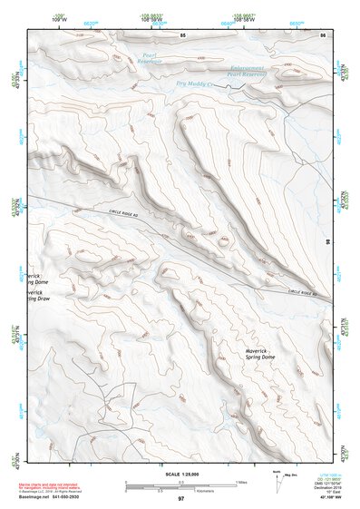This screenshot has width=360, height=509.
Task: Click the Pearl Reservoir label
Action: pos(151,59)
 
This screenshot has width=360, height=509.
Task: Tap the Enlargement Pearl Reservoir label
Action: pos(247,72)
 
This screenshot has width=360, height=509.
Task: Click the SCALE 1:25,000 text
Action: pos(180,474)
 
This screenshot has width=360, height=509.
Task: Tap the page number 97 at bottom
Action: pos(181,498)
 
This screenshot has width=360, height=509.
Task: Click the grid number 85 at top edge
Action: pos(182,34)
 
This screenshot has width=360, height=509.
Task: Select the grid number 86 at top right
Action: pos(323,34)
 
